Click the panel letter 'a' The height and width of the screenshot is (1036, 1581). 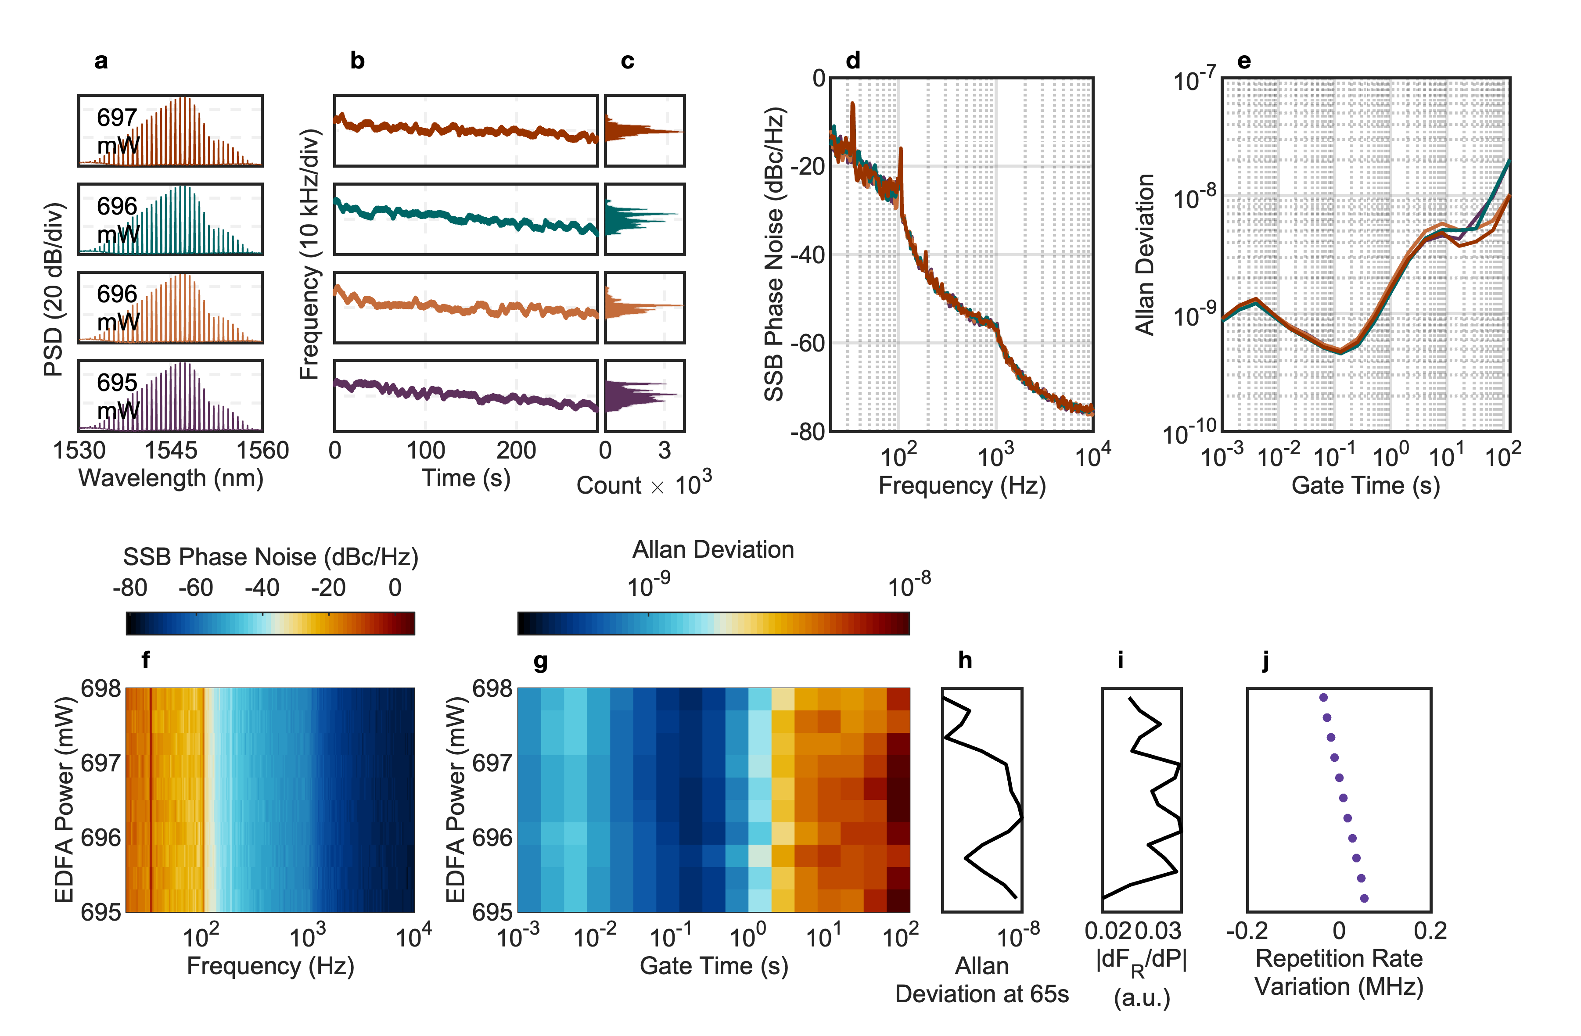click(101, 61)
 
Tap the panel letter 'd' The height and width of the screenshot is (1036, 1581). click(853, 61)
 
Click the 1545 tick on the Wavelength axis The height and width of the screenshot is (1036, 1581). click(171, 451)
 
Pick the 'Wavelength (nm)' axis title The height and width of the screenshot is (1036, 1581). click(171, 478)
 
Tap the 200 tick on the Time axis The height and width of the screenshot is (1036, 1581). click(516, 451)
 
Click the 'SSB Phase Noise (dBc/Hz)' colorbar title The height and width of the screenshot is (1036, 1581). click(270, 557)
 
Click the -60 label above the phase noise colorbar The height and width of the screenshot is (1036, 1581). click(196, 588)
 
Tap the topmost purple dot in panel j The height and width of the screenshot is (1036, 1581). click(1323, 697)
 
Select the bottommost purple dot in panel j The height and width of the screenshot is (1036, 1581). click(1365, 899)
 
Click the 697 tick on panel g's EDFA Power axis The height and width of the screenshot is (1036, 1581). click(492, 763)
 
